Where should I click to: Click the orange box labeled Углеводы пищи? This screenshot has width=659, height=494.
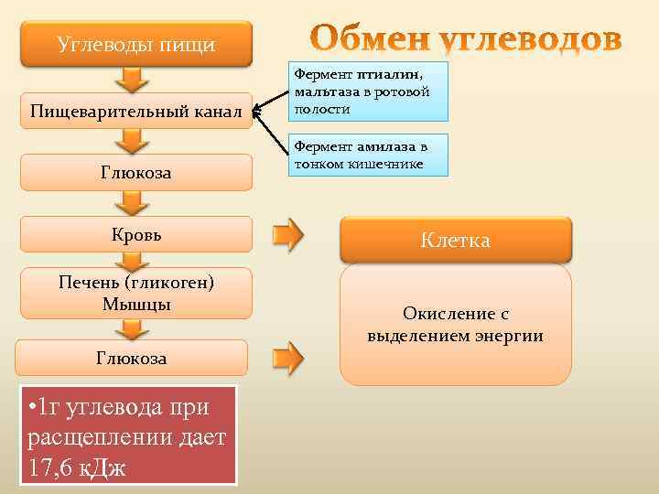click(x=135, y=44)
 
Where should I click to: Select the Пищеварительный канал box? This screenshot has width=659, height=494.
click(x=135, y=112)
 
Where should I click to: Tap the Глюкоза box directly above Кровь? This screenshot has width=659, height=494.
click(x=135, y=172)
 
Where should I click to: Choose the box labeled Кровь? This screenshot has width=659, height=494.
click(x=135, y=233)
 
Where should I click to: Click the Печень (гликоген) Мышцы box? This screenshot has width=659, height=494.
click(x=135, y=293)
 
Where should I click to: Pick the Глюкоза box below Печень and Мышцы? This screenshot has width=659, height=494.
click(x=132, y=358)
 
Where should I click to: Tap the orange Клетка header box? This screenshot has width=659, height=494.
click(x=455, y=240)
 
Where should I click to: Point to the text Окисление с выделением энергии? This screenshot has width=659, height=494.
click(x=455, y=325)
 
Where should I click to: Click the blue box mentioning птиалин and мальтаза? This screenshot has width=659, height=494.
click(x=370, y=91)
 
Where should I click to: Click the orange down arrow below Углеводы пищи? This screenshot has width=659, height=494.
click(x=133, y=80)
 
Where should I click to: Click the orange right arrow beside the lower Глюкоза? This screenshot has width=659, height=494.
click(x=288, y=358)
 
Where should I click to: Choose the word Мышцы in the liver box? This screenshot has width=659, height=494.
click(x=136, y=303)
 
